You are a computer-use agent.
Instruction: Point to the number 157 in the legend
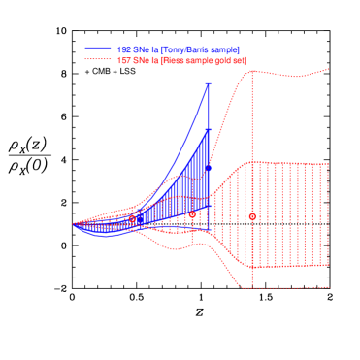coord(123,60)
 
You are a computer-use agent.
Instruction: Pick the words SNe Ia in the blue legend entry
coord(145,49)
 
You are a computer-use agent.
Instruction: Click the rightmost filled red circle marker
coord(252,216)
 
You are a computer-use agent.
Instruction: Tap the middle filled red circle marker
coord(192,214)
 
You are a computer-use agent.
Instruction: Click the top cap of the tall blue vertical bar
coord(209,84)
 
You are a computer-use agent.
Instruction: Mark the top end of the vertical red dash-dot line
coord(252,76)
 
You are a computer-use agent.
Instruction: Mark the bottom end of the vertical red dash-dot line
coord(252,287)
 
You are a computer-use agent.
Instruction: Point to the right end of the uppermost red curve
coord(330,68)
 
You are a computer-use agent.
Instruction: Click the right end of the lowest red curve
coord(330,287)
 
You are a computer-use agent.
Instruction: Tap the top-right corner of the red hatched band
coord(330,163)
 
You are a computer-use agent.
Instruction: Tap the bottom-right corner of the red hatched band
coord(330,265)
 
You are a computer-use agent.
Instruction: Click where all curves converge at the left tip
coord(74,224)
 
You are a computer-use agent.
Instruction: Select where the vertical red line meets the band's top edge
coord(252,163)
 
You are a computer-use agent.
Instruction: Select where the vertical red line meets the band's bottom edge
coord(252,265)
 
